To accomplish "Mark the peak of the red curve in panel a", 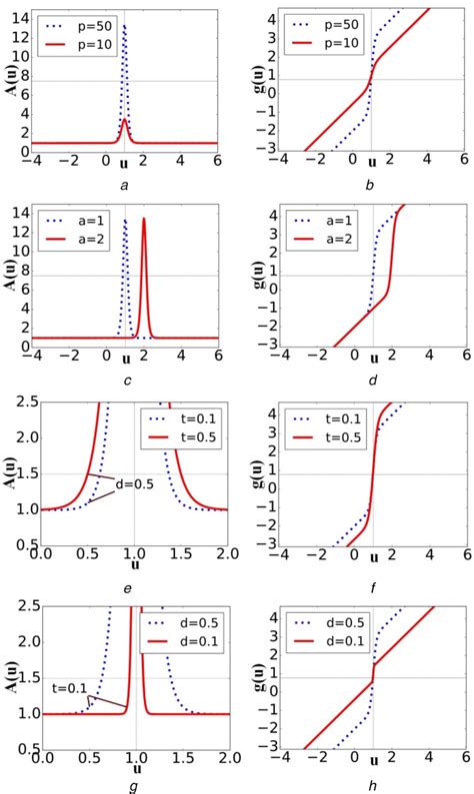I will click(x=124, y=119).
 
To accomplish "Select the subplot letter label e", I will click(x=127, y=588).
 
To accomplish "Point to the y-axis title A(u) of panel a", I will click(x=10, y=80).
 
